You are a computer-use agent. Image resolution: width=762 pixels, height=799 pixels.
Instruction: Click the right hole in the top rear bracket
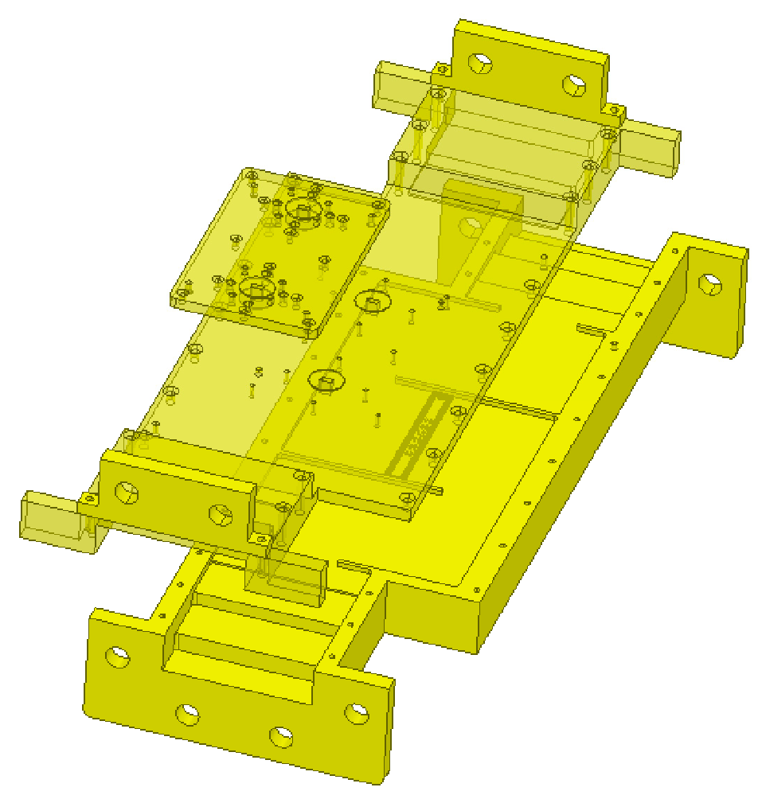pos(574,84)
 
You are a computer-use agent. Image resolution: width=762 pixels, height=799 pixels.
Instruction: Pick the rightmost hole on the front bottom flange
pos(356,713)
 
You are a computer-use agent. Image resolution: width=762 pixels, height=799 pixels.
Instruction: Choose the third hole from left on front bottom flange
pos(280,735)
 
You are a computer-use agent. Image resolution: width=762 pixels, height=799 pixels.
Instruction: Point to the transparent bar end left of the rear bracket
pos(396,85)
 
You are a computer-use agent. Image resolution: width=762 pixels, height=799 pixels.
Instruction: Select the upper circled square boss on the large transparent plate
pos(372,302)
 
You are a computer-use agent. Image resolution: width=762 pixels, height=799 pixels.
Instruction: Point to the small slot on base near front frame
pos(354,567)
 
